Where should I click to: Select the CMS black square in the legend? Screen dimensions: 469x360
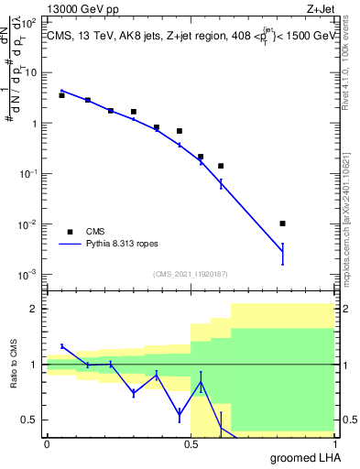coord(70,232)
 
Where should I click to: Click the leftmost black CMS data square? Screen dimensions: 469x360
coord(61,95)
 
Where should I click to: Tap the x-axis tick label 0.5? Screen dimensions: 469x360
coord(190,444)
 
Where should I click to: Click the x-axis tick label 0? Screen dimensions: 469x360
coord(47,444)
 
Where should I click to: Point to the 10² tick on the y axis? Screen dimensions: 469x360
coord(31,72)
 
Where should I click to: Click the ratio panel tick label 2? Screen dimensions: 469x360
coord(35,309)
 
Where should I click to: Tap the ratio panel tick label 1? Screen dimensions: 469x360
coord(35,365)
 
